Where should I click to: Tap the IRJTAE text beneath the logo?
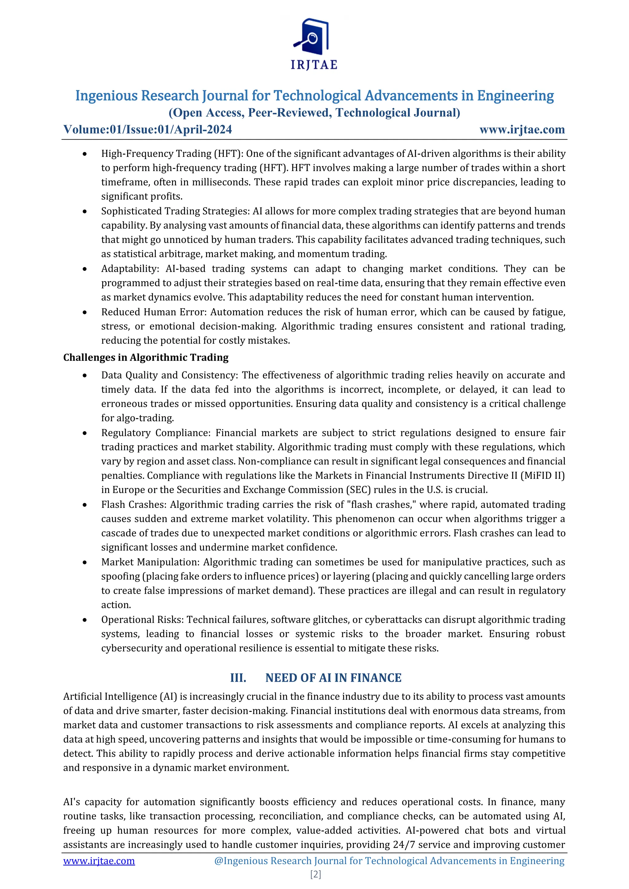314,65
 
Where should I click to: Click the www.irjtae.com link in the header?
522,129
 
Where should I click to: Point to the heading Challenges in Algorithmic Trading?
146,357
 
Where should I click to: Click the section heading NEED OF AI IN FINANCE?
333,677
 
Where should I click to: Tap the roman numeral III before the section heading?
238,677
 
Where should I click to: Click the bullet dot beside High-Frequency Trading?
84,154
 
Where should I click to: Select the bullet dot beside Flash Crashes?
84,505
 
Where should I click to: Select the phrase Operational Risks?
142,619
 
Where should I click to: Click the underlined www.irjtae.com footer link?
99,861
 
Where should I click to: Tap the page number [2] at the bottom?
315,874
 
